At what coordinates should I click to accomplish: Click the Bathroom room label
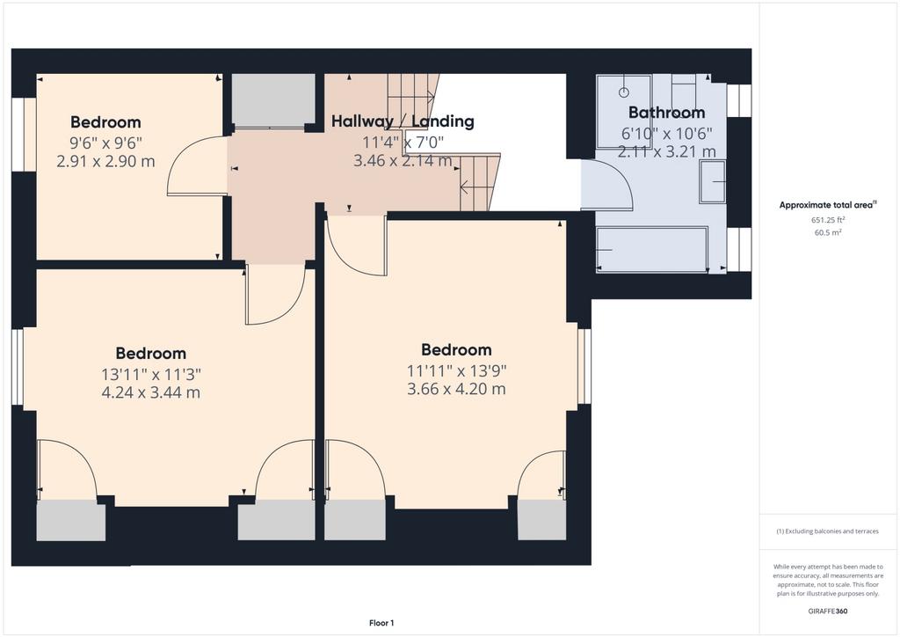tap(666, 113)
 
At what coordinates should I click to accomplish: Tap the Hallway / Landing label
tap(403, 121)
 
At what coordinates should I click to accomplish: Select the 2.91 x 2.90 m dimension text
tap(105, 161)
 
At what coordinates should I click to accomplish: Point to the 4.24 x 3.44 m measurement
tap(151, 393)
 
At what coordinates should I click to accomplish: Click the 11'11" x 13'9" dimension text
tap(457, 370)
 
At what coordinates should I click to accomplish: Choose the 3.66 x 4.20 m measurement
tap(456, 390)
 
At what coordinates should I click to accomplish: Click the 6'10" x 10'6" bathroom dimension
tap(667, 133)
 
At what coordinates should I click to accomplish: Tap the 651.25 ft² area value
tap(828, 219)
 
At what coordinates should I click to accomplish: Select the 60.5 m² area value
tap(828, 232)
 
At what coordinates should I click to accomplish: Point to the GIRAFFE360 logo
tap(828, 611)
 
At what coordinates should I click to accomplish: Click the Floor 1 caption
tap(381, 623)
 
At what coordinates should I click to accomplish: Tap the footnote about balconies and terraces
tap(828, 531)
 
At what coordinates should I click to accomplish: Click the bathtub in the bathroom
tap(652, 250)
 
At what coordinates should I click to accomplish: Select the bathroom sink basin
tap(712, 181)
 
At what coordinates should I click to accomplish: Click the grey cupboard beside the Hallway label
tap(273, 100)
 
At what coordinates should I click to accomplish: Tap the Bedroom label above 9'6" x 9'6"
tap(105, 122)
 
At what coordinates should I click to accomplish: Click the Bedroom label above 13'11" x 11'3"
tap(151, 353)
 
